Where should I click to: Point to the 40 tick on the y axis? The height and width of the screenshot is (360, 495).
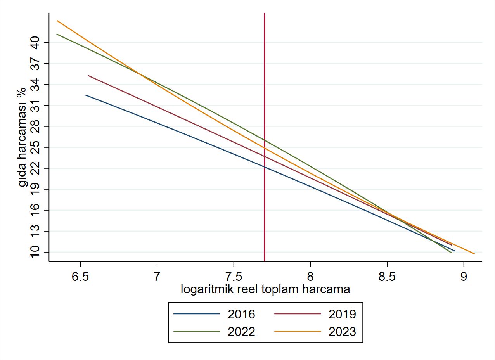click(35, 42)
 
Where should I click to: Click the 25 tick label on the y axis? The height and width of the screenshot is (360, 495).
click(35, 147)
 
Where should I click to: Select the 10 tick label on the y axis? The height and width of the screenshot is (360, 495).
click(35, 252)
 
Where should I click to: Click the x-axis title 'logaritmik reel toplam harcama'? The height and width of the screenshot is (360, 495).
click(265, 289)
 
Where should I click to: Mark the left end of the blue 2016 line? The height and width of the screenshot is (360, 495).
click(86, 95)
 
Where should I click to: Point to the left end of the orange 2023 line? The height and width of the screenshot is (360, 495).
click(57, 21)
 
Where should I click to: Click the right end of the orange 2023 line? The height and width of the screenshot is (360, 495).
click(474, 254)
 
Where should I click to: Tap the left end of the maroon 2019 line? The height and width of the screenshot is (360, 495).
click(88, 76)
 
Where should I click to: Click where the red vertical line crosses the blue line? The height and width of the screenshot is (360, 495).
click(264, 167)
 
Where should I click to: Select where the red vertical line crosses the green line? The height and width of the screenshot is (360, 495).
click(264, 140)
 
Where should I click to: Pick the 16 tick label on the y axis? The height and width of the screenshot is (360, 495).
click(35, 210)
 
